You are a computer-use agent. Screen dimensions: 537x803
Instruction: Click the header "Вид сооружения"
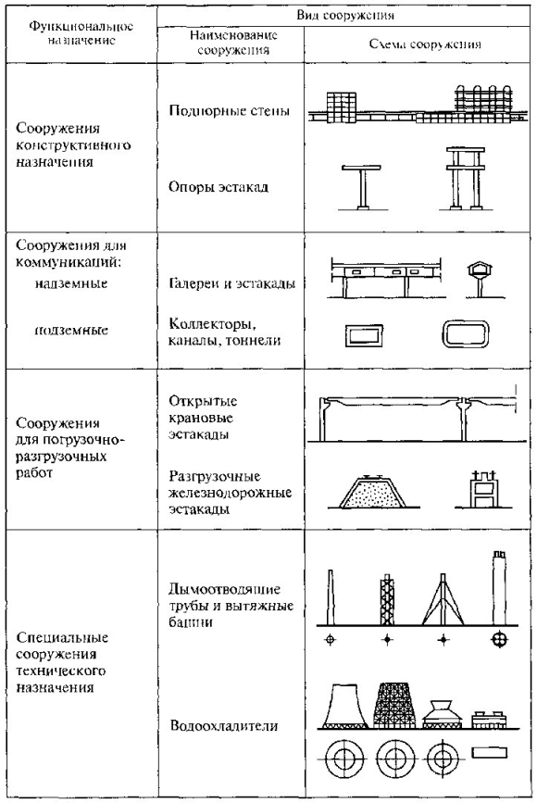[345, 15]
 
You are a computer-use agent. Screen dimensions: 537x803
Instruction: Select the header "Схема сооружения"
[425, 44]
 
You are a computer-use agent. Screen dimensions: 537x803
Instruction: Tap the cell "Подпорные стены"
[229, 110]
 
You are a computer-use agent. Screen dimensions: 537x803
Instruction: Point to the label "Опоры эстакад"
[219, 186]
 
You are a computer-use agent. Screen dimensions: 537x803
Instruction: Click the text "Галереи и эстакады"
[231, 283]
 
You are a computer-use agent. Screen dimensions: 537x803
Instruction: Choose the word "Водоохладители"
[224, 726]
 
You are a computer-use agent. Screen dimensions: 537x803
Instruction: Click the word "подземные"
[71, 330]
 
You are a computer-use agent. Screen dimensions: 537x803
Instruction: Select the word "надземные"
[71, 283]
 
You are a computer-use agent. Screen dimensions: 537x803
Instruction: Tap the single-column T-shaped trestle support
[361, 187]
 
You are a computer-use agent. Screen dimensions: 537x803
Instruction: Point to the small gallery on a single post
[480, 279]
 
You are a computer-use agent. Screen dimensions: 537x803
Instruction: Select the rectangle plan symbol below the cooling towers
[489, 753]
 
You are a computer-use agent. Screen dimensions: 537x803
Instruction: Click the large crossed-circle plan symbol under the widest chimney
[499, 639]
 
